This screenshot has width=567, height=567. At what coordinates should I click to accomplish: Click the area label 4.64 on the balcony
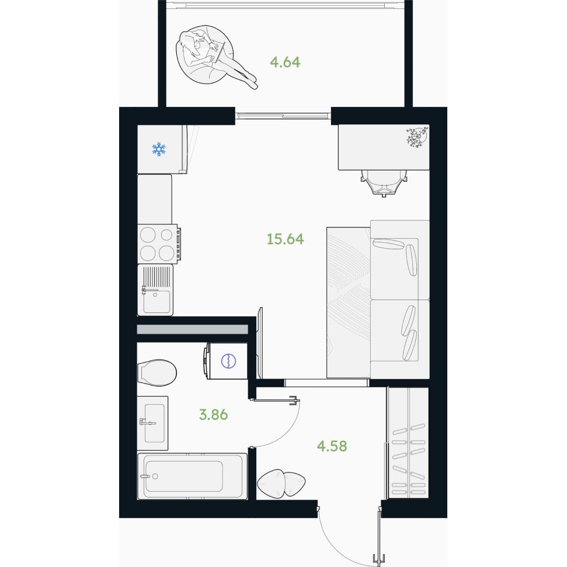click(285, 62)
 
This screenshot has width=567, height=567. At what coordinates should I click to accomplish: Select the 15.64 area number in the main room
click(286, 239)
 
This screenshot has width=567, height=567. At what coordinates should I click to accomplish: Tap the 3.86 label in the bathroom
click(213, 415)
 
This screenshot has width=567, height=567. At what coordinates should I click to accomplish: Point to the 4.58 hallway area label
click(332, 446)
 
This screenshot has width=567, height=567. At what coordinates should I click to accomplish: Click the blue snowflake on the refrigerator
click(159, 149)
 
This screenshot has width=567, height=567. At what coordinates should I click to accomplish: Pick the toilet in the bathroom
click(156, 373)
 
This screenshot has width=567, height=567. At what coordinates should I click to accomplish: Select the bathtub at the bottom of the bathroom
click(192, 476)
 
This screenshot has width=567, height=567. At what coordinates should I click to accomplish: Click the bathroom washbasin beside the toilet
click(152, 423)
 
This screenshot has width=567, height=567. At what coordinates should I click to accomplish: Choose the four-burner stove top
click(158, 244)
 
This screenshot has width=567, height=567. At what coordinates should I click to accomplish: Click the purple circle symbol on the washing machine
click(228, 361)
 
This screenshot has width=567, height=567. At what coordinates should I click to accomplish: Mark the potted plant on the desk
click(418, 137)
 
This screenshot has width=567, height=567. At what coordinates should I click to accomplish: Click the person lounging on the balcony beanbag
click(217, 58)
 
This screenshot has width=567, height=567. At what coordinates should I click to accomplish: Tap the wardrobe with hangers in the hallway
click(408, 443)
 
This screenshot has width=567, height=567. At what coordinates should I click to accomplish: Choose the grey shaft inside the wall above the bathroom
click(192, 329)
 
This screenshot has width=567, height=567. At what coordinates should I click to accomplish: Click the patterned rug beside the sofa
click(349, 302)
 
